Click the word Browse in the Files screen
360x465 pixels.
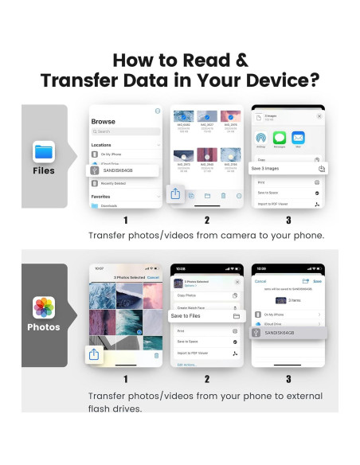click(103, 122)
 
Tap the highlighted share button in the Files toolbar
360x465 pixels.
click(175, 193)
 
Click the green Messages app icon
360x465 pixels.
click(280, 138)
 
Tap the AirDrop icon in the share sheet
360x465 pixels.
click(261, 138)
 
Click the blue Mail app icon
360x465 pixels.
click(298, 138)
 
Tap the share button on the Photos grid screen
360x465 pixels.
click(94, 354)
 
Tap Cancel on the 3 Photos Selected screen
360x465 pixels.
click(154, 277)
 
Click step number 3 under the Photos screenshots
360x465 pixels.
click(288, 379)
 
